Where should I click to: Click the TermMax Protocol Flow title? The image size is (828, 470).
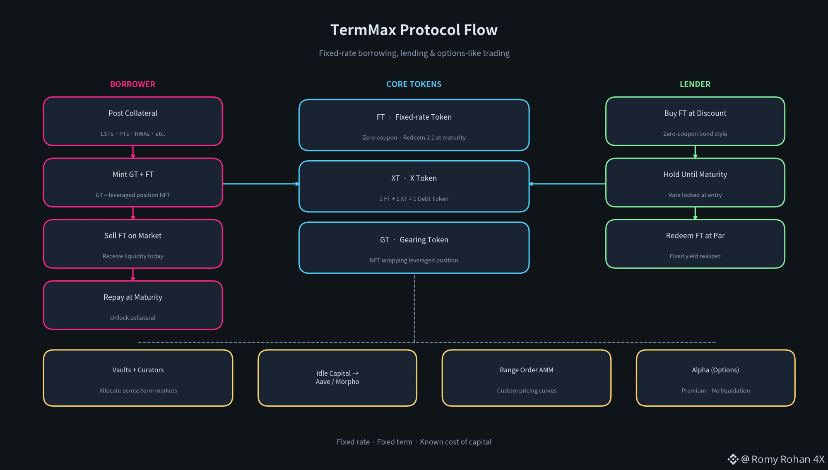click(x=414, y=30)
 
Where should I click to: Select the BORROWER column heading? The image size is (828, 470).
click(x=132, y=84)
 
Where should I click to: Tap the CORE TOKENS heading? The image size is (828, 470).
click(x=414, y=84)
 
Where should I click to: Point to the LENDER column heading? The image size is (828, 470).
click(x=695, y=84)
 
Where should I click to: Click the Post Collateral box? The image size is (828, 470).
click(x=133, y=121)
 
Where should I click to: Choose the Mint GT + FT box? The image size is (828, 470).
click(x=133, y=183)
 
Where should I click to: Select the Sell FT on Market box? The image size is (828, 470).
click(x=133, y=244)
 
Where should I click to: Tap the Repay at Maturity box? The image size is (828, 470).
click(x=133, y=305)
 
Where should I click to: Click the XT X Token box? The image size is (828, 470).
click(x=414, y=186)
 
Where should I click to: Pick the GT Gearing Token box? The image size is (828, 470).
click(x=414, y=248)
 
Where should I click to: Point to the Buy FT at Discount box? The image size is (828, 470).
click(x=695, y=121)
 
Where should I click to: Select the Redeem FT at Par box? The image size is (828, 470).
click(x=695, y=244)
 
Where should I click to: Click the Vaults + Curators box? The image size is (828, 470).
click(x=138, y=378)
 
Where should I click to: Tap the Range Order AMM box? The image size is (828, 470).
click(x=527, y=378)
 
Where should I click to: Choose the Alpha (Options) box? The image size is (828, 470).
click(x=715, y=378)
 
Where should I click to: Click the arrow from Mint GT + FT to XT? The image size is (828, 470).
click(x=261, y=183)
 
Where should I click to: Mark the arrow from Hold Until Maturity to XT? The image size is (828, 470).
click(x=568, y=183)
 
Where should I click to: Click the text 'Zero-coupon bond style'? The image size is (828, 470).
click(x=695, y=134)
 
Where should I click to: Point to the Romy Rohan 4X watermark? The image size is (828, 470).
click(x=776, y=459)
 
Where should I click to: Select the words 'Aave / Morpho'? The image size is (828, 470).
click(x=337, y=382)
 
